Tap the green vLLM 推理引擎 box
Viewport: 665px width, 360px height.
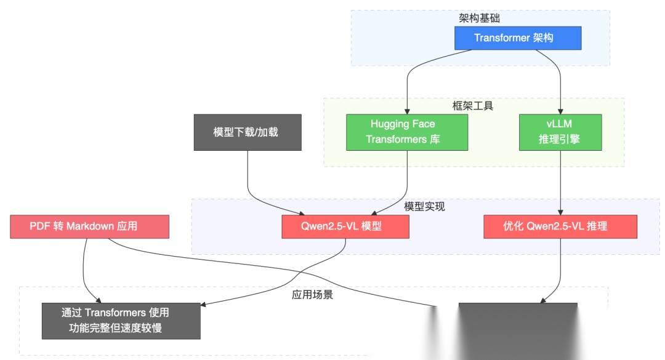click(559, 132)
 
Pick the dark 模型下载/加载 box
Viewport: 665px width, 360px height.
click(247, 132)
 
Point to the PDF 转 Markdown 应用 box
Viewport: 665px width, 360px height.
click(89, 226)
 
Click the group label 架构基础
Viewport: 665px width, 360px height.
click(480, 18)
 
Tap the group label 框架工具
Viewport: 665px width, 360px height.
click(473, 106)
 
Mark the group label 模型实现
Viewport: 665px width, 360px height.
click(425, 207)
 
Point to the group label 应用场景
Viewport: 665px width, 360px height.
click(312, 295)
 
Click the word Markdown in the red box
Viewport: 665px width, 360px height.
click(90, 226)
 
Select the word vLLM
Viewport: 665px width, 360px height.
click(559, 124)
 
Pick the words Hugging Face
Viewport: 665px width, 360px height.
click(403, 124)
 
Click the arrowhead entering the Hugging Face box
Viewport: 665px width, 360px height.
click(407, 111)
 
